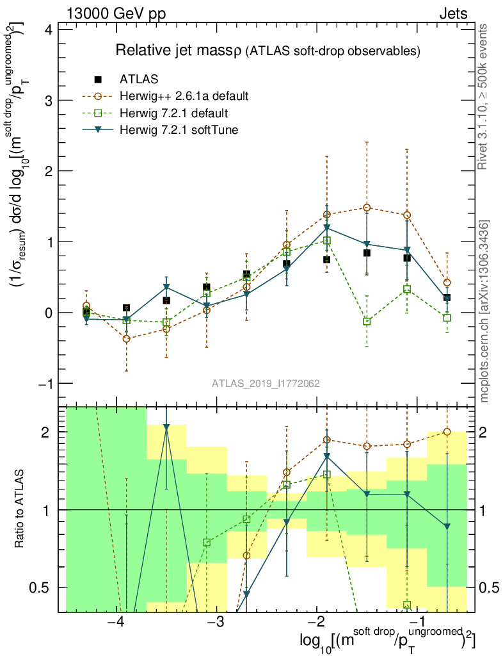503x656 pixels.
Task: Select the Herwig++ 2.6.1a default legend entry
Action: coord(184,96)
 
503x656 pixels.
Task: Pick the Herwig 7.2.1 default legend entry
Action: coord(173,113)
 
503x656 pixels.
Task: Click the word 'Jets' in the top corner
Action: coord(452,13)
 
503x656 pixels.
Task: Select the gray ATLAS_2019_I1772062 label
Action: coord(266,384)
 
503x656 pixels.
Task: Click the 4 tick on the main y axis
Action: coord(48,30)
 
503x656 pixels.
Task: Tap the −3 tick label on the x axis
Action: coord(216,623)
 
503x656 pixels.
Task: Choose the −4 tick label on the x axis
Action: coord(115,623)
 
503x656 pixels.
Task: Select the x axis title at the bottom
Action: coord(387,641)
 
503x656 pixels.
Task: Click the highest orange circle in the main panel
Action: coord(367,208)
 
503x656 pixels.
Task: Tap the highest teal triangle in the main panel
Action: coord(327,227)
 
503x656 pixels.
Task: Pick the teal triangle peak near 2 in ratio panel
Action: coord(166,427)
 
